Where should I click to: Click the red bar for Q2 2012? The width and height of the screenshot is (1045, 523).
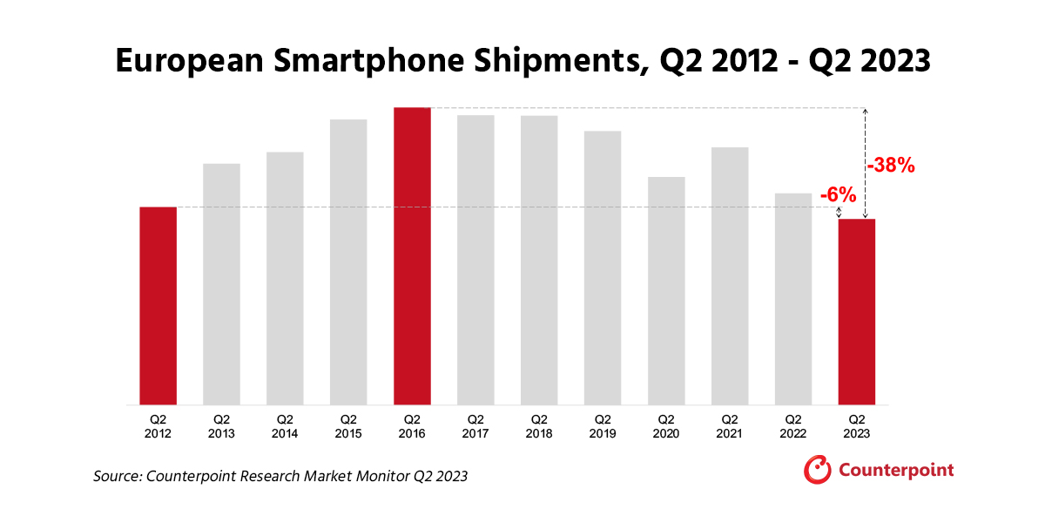158,305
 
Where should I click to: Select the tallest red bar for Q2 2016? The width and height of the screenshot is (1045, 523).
412,256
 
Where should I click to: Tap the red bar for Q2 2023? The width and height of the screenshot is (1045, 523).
857,311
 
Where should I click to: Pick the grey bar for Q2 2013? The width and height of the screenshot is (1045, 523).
221,284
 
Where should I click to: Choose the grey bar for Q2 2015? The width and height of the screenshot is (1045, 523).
348,261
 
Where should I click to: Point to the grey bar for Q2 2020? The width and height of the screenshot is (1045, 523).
666,290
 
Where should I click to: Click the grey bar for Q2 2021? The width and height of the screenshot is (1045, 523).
730,275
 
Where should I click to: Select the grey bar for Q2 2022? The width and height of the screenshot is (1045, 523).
793,298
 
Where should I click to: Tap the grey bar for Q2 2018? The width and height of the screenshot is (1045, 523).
539,260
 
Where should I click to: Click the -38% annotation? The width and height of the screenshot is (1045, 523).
890,165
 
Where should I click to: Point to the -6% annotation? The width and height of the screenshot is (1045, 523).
838,196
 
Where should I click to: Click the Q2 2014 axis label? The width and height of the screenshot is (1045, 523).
285,425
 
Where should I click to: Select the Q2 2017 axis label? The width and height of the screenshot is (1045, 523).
475,425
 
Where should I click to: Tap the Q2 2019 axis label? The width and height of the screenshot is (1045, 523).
603,425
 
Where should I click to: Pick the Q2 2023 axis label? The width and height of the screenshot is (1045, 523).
857,425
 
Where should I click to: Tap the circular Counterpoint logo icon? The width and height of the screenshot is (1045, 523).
817,469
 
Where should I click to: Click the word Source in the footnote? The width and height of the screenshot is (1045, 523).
117,476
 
